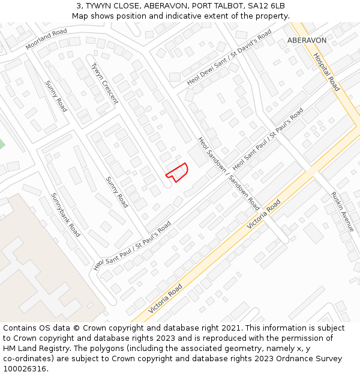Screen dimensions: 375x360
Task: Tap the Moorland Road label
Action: click(x=46, y=39)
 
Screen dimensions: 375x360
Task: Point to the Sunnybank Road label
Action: click(x=65, y=214)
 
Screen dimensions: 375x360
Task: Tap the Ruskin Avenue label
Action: click(x=343, y=212)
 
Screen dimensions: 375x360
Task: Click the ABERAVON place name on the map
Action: click(x=307, y=40)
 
